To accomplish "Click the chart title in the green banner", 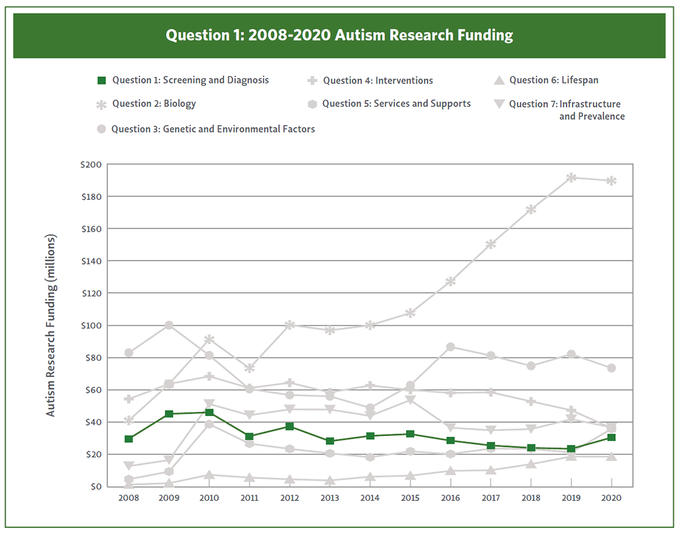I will coord(339,35).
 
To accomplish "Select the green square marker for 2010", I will coord(209,412).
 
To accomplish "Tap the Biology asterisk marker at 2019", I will coord(571,178).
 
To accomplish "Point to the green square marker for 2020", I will coord(612,437).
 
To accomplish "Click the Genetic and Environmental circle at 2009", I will coord(169,326).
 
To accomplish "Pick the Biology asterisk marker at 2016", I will coord(451,281).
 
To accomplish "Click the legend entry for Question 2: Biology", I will coord(153,104).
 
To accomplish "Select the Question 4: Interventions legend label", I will coord(378,80).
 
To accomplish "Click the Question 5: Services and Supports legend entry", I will coord(396,104).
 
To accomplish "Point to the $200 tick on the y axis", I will coord(92,164).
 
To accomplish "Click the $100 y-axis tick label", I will coord(92,326).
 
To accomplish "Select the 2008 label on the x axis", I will coord(129,498).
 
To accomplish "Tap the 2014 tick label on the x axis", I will coord(370,498).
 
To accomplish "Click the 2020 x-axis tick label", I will coord(612,498).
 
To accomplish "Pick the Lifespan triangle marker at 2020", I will coord(612,457).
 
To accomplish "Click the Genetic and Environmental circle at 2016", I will coord(451,347).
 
